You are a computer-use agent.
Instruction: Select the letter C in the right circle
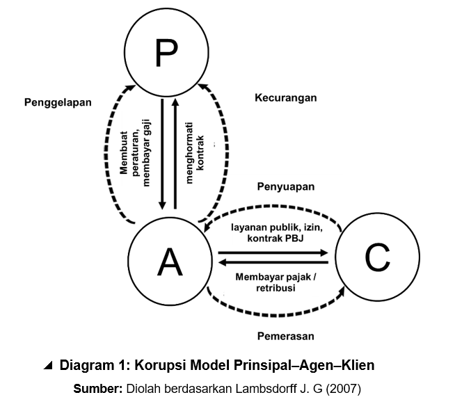(x=377, y=258)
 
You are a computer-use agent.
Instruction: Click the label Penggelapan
(x=58, y=102)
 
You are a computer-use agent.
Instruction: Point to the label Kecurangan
(x=285, y=97)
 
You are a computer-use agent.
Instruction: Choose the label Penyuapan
(x=286, y=186)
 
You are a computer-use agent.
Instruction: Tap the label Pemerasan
(x=285, y=336)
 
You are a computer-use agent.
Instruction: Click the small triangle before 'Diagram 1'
(x=47, y=365)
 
